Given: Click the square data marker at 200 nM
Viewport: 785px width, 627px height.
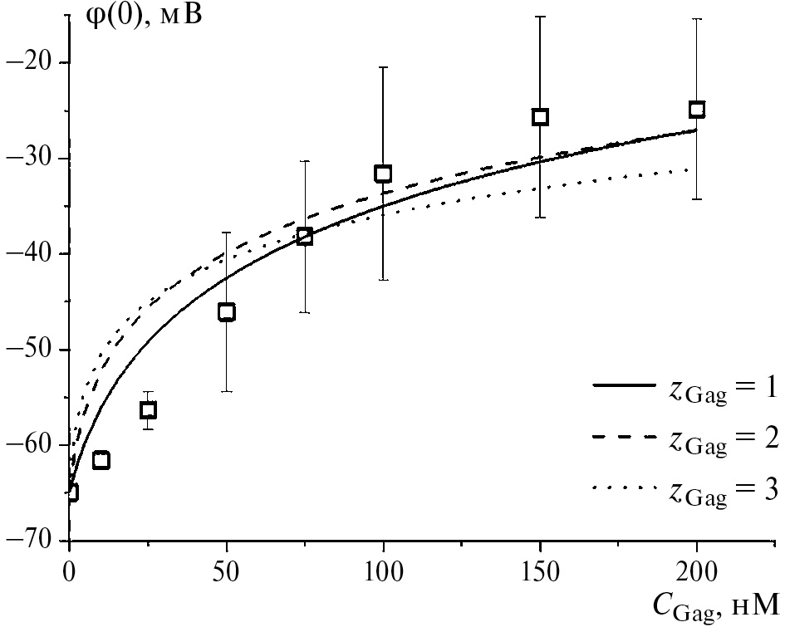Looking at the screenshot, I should (x=697, y=109).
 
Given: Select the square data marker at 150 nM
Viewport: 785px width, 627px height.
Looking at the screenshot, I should (x=540, y=117).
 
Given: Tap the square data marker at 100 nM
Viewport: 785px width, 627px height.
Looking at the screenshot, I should (x=383, y=174).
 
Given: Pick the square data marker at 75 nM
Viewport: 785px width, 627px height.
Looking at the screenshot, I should (x=305, y=237).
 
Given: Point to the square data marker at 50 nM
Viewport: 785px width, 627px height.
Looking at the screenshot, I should (x=226, y=312).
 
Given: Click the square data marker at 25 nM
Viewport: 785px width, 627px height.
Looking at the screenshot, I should (x=148, y=410).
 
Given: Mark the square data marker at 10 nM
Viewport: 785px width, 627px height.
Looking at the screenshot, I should (x=101, y=460).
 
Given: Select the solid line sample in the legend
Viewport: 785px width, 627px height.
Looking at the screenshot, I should (x=622, y=385).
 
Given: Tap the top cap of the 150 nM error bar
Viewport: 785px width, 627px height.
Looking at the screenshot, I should (x=540, y=16).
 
